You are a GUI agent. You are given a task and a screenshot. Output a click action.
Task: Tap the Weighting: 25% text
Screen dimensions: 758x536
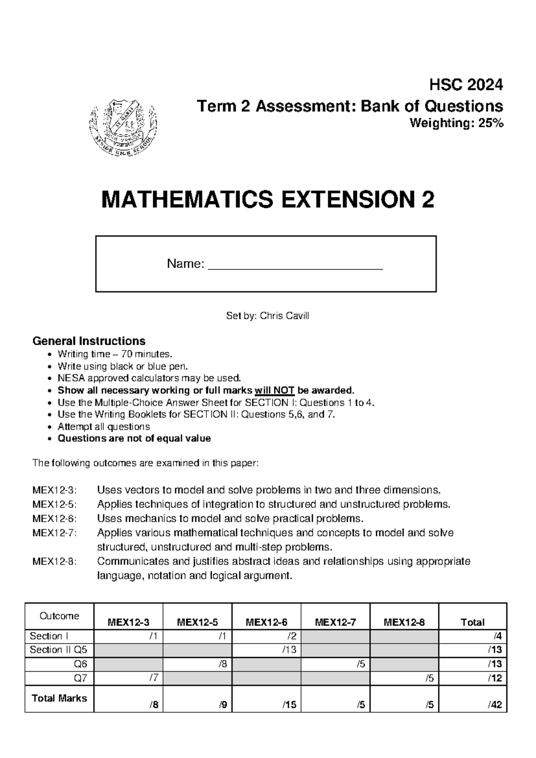point(456,123)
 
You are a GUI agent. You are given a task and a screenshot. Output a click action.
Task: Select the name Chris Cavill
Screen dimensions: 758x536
point(285,316)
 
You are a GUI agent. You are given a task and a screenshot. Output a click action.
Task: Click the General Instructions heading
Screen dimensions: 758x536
point(89,341)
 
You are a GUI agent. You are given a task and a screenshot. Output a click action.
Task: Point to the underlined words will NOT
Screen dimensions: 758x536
point(274,390)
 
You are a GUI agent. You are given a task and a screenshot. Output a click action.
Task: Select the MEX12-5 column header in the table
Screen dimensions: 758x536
point(197,622)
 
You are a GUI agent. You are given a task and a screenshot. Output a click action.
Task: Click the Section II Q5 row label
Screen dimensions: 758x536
point(59,650)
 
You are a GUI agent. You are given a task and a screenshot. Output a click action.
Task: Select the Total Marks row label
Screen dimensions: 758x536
point(59,698)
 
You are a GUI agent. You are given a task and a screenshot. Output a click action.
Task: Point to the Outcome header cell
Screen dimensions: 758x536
point(59,616)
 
